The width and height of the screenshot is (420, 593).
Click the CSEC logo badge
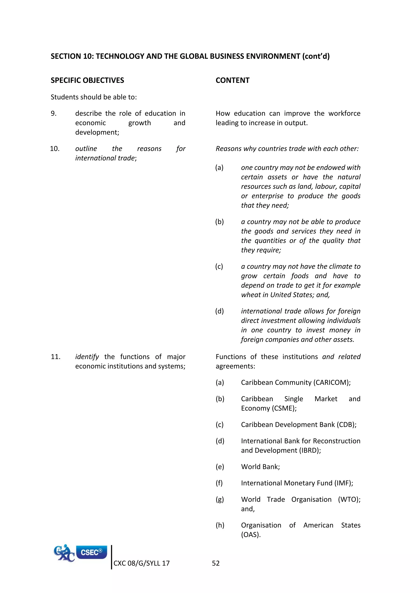pos(91,552)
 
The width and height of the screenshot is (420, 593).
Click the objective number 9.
pos(54,113)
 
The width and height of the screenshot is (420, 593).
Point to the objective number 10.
pos(55,149)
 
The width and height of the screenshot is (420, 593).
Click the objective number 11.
pos(55,357)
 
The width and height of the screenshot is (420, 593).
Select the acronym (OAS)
pos(251,535)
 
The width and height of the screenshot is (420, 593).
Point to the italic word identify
pos(87,357)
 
